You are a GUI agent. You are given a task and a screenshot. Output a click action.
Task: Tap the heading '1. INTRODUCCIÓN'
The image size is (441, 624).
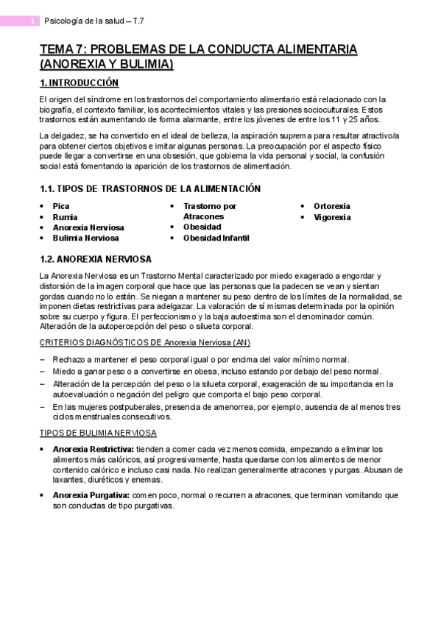pyautogui.click(x=79, y=83)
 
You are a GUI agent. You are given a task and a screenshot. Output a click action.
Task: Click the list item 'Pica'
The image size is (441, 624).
pyautogui.click(x=60, y=207)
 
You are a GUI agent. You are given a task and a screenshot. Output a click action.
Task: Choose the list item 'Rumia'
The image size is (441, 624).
pyautogui.click(x=64, y=217)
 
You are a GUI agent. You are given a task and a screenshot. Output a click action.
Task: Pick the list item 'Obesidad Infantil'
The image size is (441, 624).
pyautogui.click(x=216, y=238)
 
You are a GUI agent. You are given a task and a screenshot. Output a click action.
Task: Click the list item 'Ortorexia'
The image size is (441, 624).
pyautogui.click(x=332, y=207)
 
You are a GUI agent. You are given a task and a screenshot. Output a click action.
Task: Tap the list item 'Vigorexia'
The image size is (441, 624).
pyautogui.click(x=332, y=217)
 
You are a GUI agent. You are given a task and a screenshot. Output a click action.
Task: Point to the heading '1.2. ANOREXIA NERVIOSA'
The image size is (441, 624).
pyautogui.click(x=96, y=259)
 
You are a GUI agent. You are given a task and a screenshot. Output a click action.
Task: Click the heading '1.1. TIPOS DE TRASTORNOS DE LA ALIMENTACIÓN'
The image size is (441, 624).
pyautogui.click(x=149, y=189)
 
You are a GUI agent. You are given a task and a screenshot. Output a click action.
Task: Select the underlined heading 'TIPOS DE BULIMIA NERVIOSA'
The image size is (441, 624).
pyautogui.click(x=97, y=433)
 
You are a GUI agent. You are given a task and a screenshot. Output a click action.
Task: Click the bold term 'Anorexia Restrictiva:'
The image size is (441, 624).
pyautogui.click(x=93, y=449)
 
